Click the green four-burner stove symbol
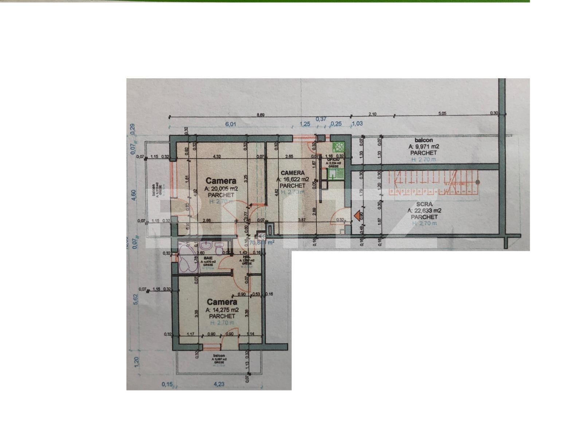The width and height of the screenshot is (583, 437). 339,147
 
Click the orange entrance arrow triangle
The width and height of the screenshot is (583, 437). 357,216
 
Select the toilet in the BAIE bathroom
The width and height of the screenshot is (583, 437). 219,249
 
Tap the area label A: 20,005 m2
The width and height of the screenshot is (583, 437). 221,189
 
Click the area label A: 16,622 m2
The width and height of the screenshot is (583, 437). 293,180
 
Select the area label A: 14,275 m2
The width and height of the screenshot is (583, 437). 222,310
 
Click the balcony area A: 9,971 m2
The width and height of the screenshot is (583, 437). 424,146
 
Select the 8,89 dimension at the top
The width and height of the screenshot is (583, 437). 261,115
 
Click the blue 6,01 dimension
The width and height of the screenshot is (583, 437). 231,124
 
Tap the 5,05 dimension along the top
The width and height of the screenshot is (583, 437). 442,114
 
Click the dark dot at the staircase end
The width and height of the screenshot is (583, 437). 478,182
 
